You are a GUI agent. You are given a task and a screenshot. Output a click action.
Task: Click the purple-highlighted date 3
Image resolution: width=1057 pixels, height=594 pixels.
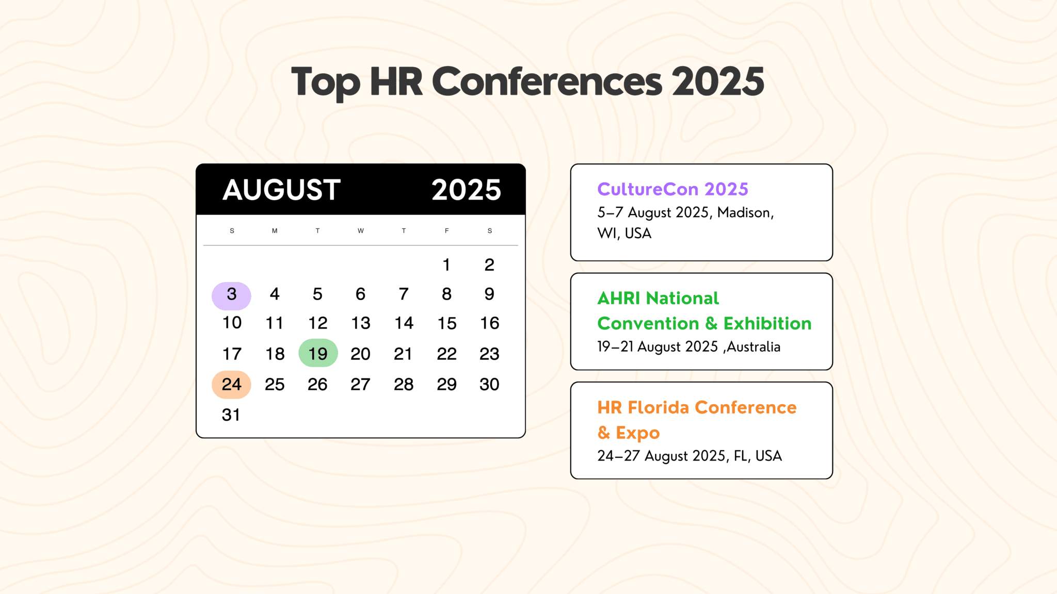pyautogui.click(x=231, y=295)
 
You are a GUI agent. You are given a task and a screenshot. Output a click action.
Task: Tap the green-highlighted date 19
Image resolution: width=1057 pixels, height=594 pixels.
pyautogui.click(x=318, y=354)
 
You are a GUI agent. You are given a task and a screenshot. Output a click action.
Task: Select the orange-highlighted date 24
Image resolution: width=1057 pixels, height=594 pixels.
pyautogui.click(x=231, y=385)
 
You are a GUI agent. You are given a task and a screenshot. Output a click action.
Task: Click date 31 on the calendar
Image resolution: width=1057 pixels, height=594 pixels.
pyautogui.click(x=231, y=415)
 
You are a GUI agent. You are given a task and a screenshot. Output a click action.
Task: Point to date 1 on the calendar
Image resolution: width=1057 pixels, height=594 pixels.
pyautogui.click(x=446, y=265)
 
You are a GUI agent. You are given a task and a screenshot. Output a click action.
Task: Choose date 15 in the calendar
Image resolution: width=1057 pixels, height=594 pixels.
pyautogui.click(x=446, y=323)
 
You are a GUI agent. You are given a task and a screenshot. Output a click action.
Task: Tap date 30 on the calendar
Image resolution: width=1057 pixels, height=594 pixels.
pyautogui.click(x=489, y=385)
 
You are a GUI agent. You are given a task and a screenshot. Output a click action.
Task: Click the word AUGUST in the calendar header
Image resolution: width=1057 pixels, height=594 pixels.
pyautogui.click(x=281, y=190)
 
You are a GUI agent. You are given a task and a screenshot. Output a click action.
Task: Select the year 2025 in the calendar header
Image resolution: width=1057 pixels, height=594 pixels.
pyautogui.click(x=466, y=190)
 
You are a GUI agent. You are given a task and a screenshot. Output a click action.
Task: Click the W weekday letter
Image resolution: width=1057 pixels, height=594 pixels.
pyautogui.click(x=360, y=231)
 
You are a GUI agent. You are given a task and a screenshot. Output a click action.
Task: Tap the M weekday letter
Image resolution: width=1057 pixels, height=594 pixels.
pyautogui.click(x=275, y=231)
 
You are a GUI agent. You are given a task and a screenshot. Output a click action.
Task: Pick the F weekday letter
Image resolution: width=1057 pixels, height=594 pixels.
pyautogui.click(x=446, y=231)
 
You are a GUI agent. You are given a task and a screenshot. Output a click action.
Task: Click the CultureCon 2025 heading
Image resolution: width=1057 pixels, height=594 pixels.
pyautogui.click(x=672, y=189)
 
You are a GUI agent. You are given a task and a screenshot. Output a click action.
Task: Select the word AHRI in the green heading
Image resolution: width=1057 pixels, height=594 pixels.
pyautogui.click(x=618, y=299)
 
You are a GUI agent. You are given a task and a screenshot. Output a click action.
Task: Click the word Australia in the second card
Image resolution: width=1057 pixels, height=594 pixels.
pyautogui.click(x=754, y=347)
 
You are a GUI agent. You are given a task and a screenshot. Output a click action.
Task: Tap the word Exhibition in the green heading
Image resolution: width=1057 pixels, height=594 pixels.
pyautogui.click(x=767, y=324)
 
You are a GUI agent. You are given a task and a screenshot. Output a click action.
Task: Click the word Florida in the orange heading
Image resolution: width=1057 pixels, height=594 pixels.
pyautogui.click(x=658, y=408)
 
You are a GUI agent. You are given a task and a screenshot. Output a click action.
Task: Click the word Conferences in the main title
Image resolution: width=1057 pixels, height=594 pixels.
pyautogui.click(x=547, y=81)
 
